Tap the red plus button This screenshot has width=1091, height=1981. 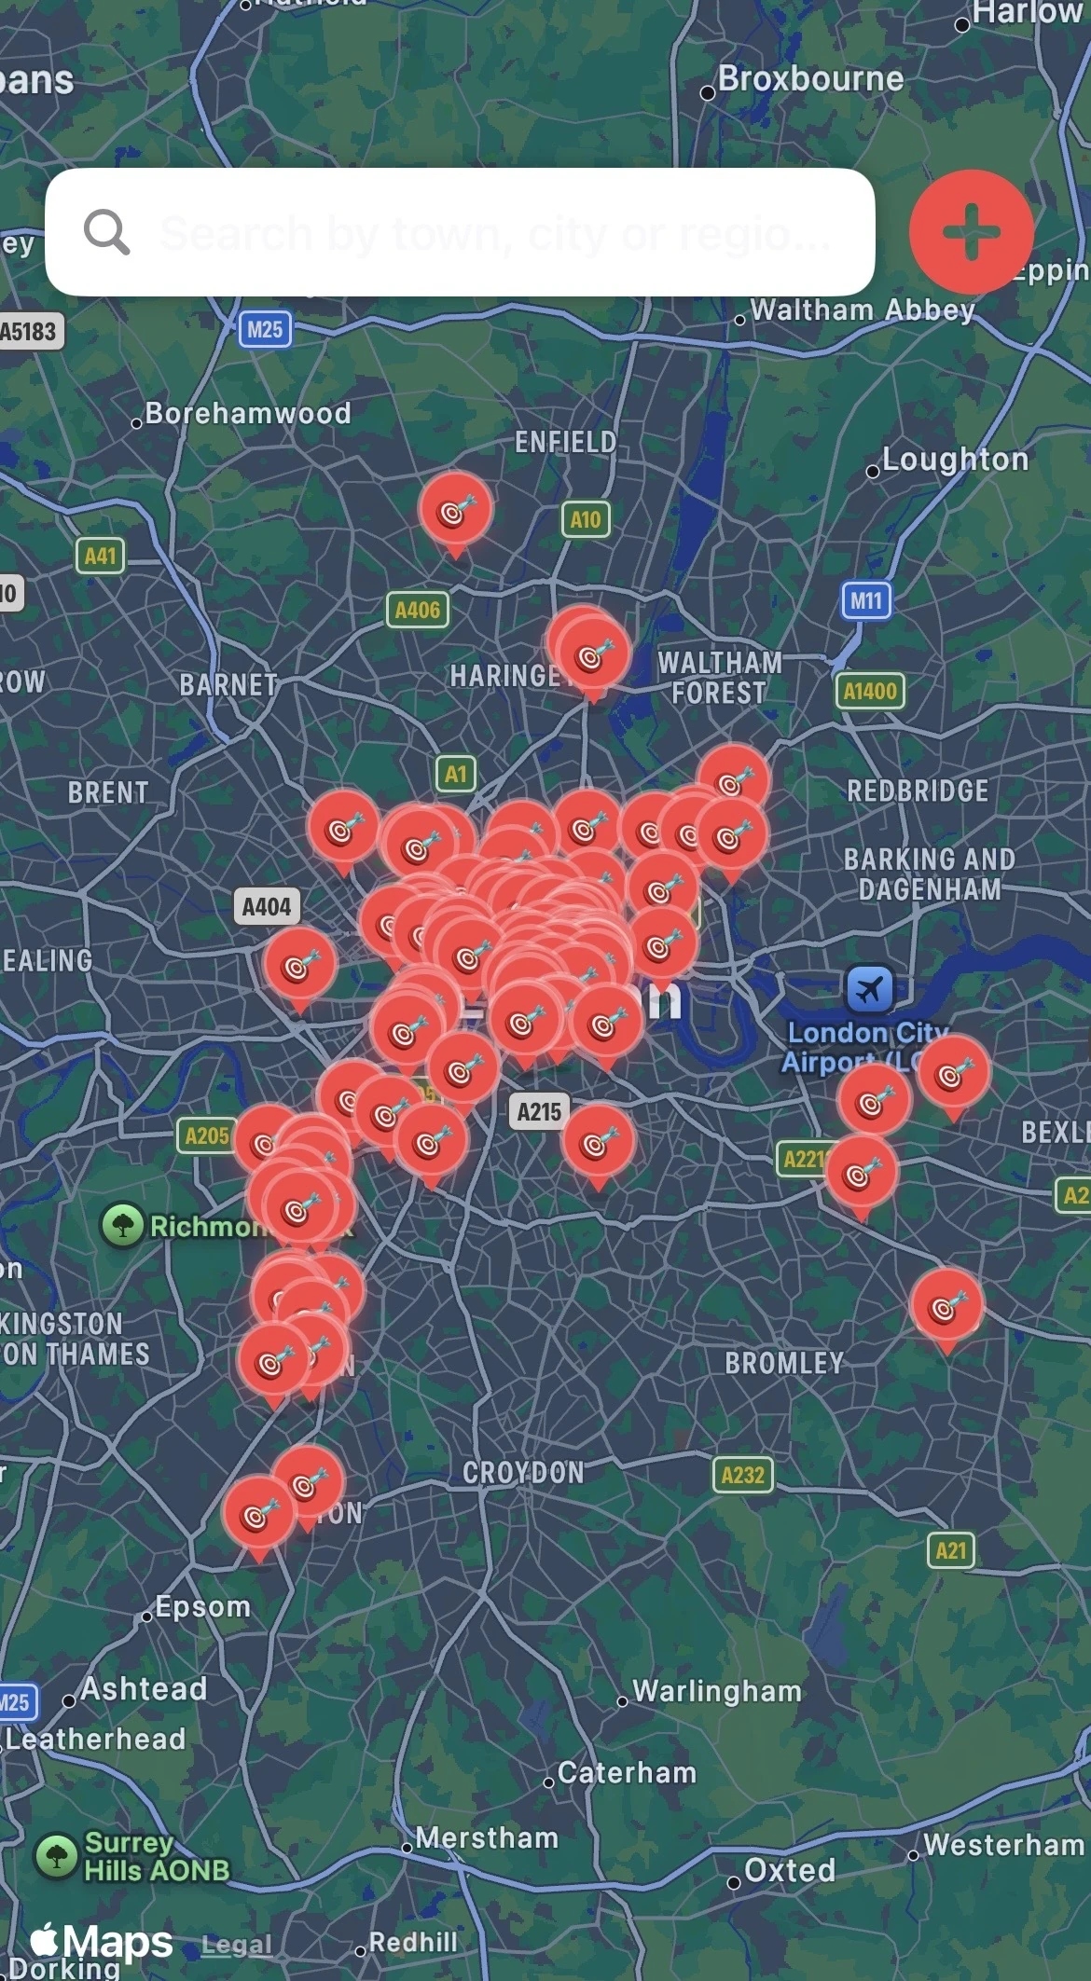coord(971,230)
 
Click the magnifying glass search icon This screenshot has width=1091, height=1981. coord(106,231)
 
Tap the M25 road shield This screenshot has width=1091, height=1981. coord(265,329)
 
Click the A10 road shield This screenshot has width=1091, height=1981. coord(585,519)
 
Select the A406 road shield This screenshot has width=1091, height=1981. coord(417,611)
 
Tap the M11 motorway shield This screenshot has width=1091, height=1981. coord(865,600)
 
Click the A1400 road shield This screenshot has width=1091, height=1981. coord(869,691)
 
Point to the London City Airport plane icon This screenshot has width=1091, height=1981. coord(869,988)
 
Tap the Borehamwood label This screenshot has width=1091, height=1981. coord(247,413)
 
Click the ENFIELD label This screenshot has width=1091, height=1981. coord(565,442)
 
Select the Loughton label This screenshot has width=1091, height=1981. coord(954,460)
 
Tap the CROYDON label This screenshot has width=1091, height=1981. coord(523,1473)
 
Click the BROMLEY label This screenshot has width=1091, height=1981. coord(784,1363)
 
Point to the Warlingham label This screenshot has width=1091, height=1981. coord(716,1691)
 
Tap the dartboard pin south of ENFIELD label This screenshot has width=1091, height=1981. coord(455,510)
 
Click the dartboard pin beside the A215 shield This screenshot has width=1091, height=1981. coord(598,1142)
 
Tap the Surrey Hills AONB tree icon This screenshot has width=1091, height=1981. coord(56,1855)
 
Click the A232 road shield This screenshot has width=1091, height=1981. coord(742,1475)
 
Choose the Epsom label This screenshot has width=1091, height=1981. coord(202,1606)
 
